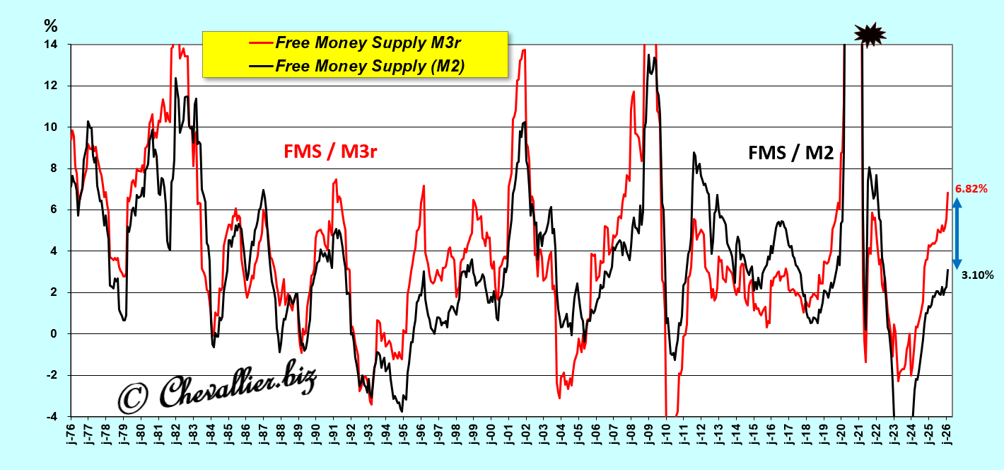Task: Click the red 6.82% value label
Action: click(x=971, y=190)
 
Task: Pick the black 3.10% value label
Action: click(x=976, y=275)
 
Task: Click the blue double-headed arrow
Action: click(x=957, y=233)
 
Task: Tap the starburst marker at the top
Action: click(x=870, y=33)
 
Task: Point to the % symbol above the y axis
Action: click(x=50, y=27)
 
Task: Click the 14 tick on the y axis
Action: click(x=52, y=45)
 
